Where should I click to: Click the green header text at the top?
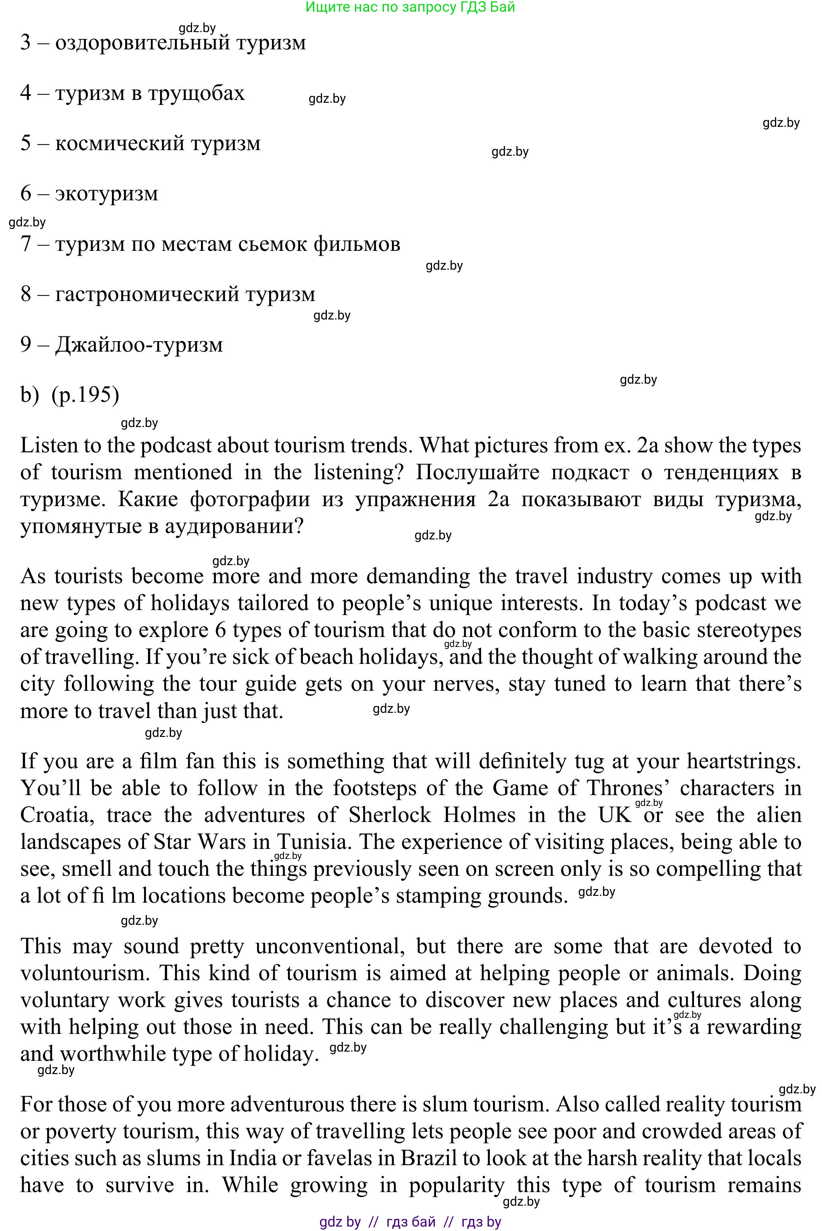click(410, 7)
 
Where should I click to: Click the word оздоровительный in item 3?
click(142, 43)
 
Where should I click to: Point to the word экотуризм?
click(106, 193)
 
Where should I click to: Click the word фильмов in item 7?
click(357, 244)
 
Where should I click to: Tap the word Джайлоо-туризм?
click(139, 345)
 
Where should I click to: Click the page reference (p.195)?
click(85, 395)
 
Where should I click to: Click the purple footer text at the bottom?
click(410, 1222)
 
